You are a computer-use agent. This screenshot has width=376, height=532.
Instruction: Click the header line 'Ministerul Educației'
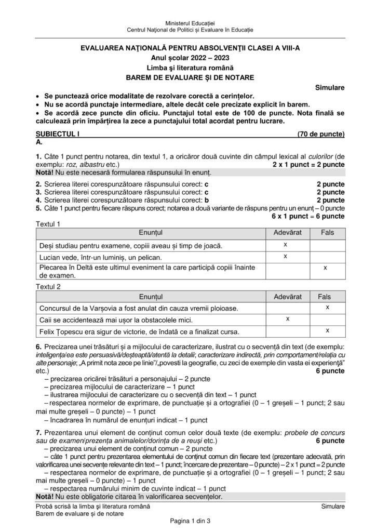pos(187,23)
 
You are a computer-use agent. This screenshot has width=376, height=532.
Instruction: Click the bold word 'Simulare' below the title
pos(329,88)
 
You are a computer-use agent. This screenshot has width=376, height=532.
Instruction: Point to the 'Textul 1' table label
pos(48,224)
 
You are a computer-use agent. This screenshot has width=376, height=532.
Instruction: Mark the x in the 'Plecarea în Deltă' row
pos(325,268)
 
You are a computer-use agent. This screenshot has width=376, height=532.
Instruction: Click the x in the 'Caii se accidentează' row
pos(287,318)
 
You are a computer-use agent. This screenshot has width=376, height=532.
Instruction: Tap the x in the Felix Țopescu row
pos(328,330)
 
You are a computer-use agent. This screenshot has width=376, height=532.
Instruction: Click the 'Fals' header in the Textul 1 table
pos(328,233)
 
